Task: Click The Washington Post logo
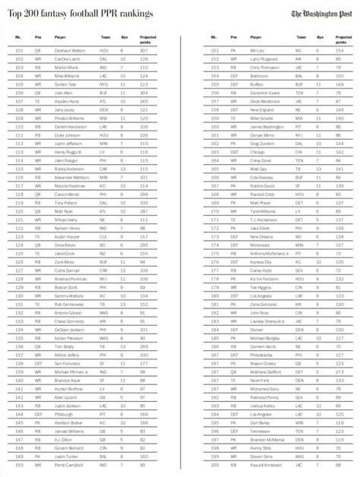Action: click(318, 14)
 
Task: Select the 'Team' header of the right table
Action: click(302, 36)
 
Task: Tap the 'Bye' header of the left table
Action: click(122, 36)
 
